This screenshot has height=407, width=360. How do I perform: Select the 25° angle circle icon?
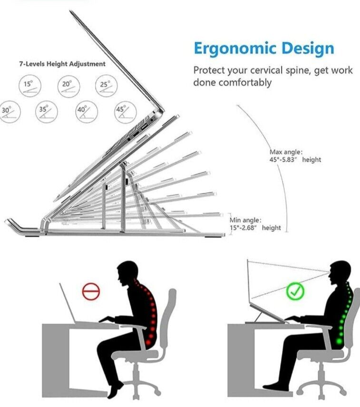pyautogui.click(x=106, y=87)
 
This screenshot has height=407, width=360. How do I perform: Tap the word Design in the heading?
pyautogui.click(x=307, y=49)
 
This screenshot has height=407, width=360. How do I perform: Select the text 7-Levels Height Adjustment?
pyautogui.click(x=62, y=64)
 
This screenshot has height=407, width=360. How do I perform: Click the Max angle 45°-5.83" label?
pyautogui.click(x=295, y=156)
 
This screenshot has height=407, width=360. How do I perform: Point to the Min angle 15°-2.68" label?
pyautogui.click(x=255, y=224)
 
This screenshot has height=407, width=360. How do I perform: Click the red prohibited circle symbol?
pyautogui.click(x=91, y=291)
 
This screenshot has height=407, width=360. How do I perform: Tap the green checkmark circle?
pyautogui.click(x=295, y=291)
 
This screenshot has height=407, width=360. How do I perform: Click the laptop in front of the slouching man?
pyautogui.click(x=69, y=304)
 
